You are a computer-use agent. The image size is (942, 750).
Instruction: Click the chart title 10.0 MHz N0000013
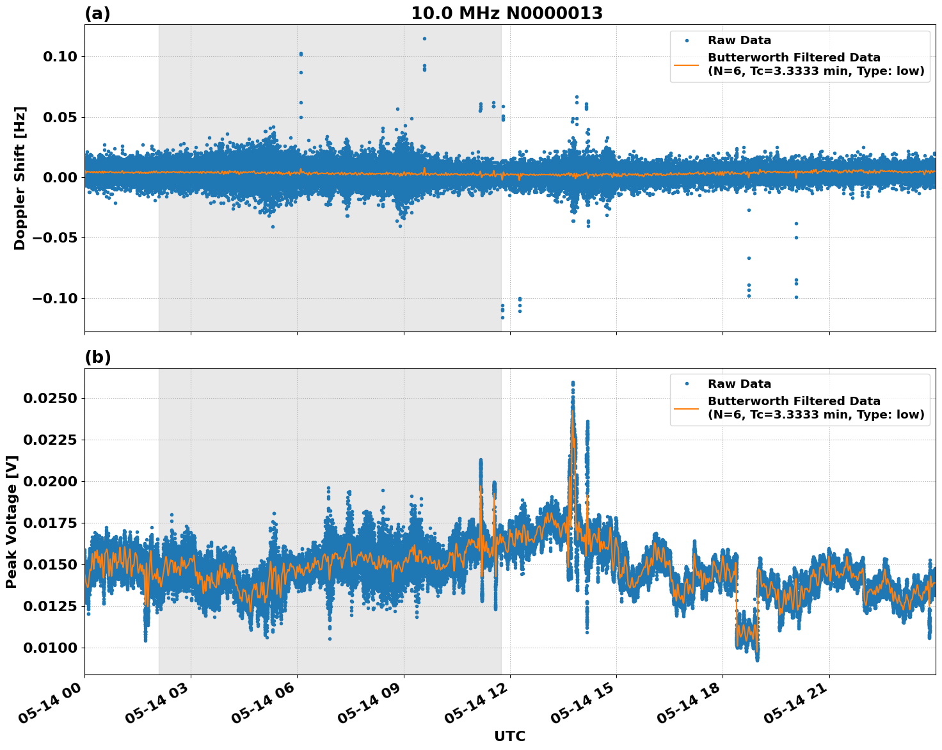(x=506, y=13)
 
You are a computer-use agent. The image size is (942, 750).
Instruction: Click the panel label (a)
(x=97, y=13)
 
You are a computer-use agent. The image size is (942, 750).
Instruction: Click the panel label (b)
(x=97, y=357)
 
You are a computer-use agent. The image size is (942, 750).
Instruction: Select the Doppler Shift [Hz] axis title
(x=20, y=178)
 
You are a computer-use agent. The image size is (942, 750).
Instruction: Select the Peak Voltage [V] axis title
(x=12, y=522)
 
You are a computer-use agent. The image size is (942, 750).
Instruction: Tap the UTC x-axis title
(x=509, y=737)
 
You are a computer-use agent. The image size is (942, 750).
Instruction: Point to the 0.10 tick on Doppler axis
(x=60, y=57)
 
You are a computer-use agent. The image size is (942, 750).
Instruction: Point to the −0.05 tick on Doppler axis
(x=55, y=238)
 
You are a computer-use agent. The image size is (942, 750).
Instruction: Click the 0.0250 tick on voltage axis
(x=50, y=399)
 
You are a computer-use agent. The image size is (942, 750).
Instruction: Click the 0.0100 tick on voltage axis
(x=50, y=648)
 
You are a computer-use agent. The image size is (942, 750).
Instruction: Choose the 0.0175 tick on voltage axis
(x=50, y=523)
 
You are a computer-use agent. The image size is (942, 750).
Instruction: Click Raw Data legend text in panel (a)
(x=739, y=40)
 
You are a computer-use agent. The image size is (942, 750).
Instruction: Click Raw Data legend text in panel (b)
(x=739, y=384)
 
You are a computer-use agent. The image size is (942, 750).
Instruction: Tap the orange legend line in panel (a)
(x=687, y=65)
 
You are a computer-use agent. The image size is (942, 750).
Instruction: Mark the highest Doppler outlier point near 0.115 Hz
(x=424, y=38)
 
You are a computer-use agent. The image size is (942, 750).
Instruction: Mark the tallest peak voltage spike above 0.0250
(x=573, y=383)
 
